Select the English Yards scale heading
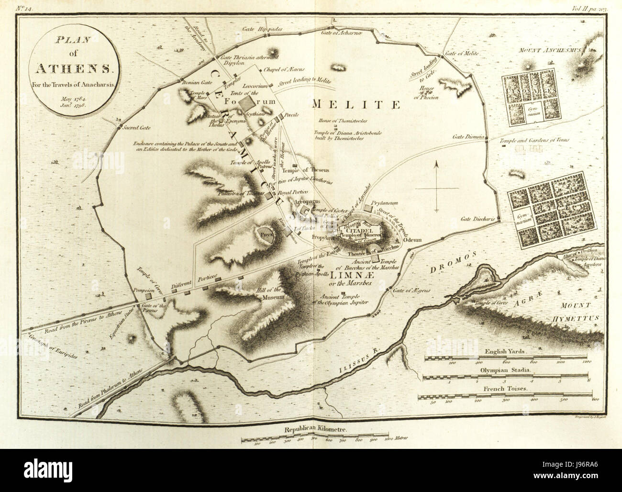504,351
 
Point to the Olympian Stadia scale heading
504,370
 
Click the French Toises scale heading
504,390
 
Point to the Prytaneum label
386,203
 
